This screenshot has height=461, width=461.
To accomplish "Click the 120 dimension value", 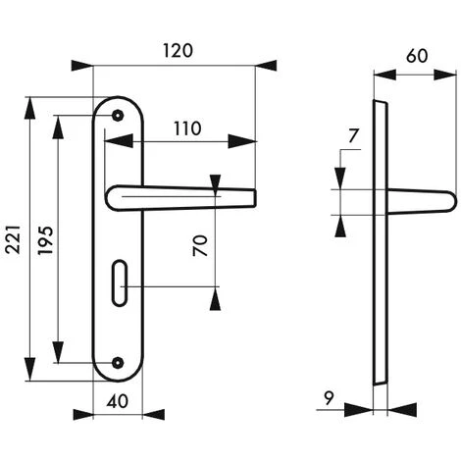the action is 178,51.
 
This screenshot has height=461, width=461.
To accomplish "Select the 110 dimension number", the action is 187,128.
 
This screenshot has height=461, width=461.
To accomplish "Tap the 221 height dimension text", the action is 14,239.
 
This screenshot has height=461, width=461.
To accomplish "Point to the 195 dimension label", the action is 45,240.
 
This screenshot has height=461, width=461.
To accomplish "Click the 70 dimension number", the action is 200,245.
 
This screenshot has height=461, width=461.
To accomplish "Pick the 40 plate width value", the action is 118,401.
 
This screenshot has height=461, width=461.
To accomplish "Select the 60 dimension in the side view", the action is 417,56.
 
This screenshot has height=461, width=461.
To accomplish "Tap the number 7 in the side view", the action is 353,136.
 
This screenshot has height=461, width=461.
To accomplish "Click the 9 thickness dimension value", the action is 329,398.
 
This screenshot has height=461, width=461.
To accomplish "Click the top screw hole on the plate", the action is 118,116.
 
